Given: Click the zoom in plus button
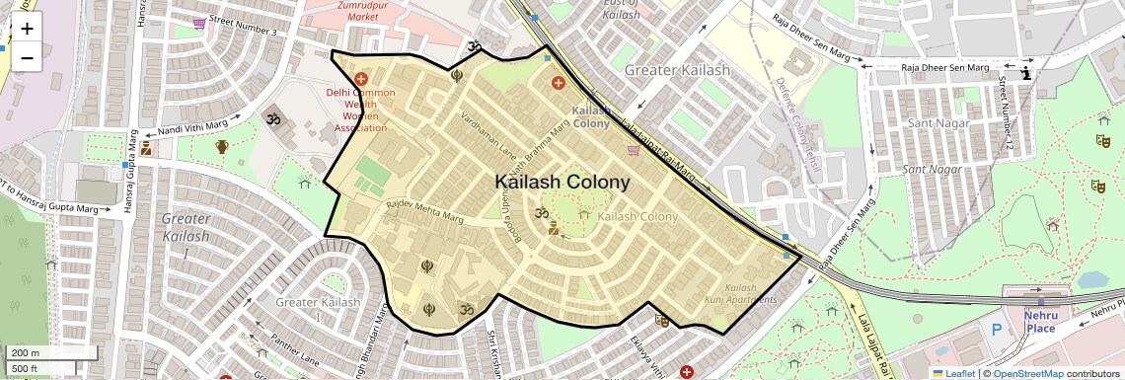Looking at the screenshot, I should coord(27,28).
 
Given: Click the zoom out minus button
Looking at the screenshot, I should coord(27,57).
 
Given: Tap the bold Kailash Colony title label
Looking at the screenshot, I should coord(562,183).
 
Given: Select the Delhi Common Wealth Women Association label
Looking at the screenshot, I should coord(361,110).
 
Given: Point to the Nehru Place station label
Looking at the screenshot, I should coord(1040,322).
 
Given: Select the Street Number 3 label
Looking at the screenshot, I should coord(243,27).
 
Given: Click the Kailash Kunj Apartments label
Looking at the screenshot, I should coord(740,293).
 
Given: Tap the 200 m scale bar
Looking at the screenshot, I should coord(49,353).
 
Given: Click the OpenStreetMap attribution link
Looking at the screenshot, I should coord(1028,373).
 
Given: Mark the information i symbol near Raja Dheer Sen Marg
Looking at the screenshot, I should coord(1026,73).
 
